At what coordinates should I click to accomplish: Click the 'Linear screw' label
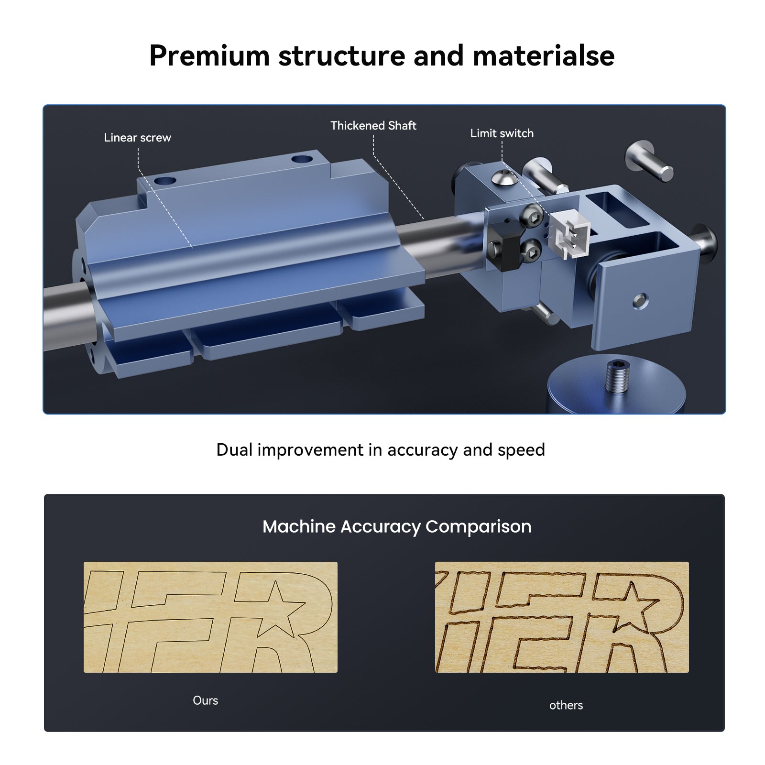(x=137, y=138)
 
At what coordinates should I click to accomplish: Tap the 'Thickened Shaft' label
(x=373, y=126)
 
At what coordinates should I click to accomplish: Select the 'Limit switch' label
(x=502, y=133)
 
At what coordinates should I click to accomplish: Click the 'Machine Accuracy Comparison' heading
(x=396, y=526)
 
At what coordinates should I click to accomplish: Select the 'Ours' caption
(x=205, y=700)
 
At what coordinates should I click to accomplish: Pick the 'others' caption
(x=566, y=705)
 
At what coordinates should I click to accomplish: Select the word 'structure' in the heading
(x=341, y=55)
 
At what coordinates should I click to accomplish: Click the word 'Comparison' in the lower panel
(x=478, y=526)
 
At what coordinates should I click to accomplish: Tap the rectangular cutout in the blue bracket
(x=617, y=205)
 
